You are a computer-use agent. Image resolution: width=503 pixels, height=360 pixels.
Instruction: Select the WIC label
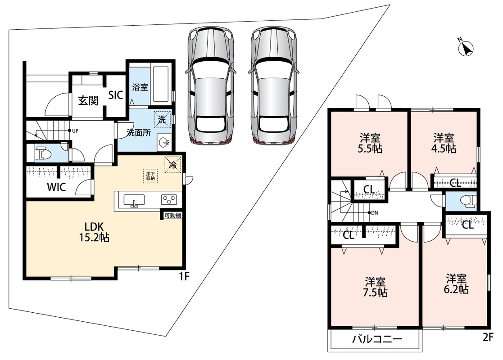[x=56, y=187]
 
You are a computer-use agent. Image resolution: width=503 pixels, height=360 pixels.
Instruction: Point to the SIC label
[x=115, y=95]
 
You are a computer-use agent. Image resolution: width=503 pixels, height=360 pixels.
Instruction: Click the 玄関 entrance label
[x=88, y=101]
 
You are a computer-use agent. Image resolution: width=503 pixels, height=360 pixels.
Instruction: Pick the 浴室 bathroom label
[x=140, y=86]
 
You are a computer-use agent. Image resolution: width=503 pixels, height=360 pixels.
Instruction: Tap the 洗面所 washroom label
[x=139, y=132]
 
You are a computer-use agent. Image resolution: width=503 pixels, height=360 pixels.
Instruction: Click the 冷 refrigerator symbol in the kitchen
[x=173, y=165]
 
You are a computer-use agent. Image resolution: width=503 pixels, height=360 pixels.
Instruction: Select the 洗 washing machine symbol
[x=162, y=120]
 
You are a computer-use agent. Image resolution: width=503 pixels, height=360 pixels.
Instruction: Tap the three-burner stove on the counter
[x=169, y=200]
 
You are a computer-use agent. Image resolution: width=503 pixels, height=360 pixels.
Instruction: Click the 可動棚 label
[x=173, y=216]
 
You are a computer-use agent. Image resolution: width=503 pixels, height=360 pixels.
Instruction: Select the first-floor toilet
[x=44, y=153]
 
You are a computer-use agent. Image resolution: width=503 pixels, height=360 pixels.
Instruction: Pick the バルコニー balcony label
[x=377, y=339]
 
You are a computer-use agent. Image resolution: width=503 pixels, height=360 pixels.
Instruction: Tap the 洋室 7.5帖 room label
[x=375, y=287]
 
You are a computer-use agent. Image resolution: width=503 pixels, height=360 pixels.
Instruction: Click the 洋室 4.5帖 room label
[x=444, y=143]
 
